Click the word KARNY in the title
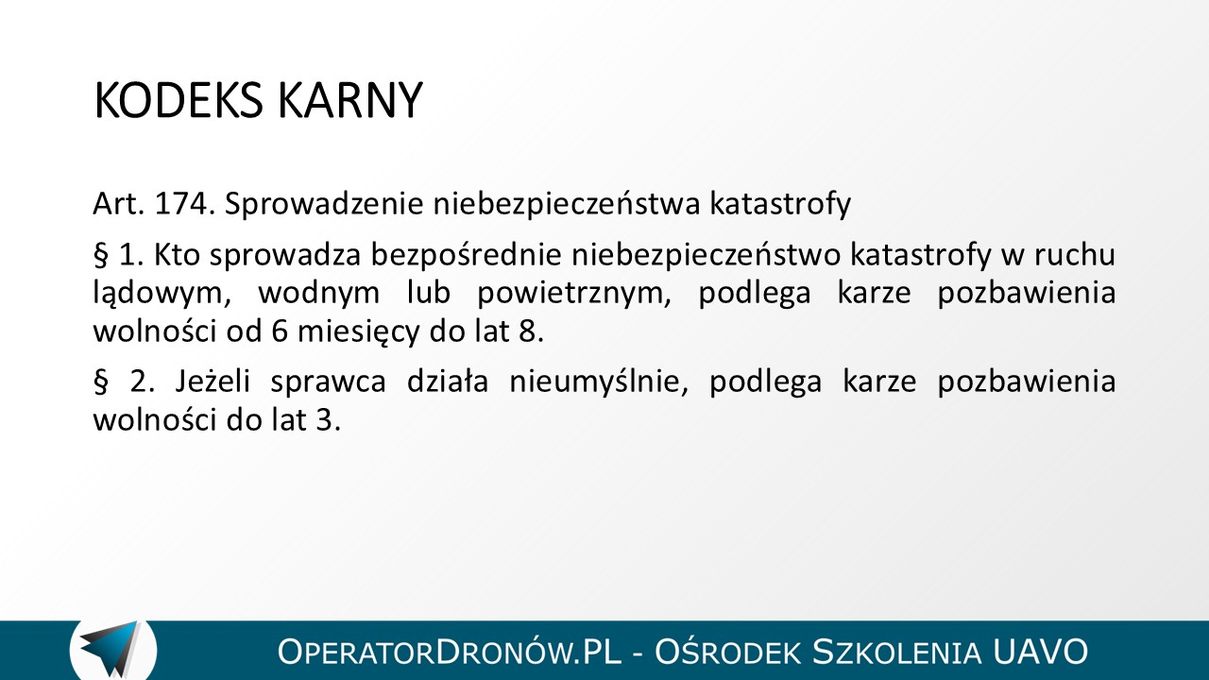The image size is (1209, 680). [350, 100]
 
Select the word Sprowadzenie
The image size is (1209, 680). [324, 205]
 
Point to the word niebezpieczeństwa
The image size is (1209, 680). [566, 205]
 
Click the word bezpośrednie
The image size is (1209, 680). [467, 255]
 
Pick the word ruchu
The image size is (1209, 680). [1075, 254]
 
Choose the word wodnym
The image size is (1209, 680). [319, 293]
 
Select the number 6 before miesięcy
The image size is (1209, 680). [280, 331]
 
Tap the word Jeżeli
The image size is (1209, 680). [213, 381]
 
